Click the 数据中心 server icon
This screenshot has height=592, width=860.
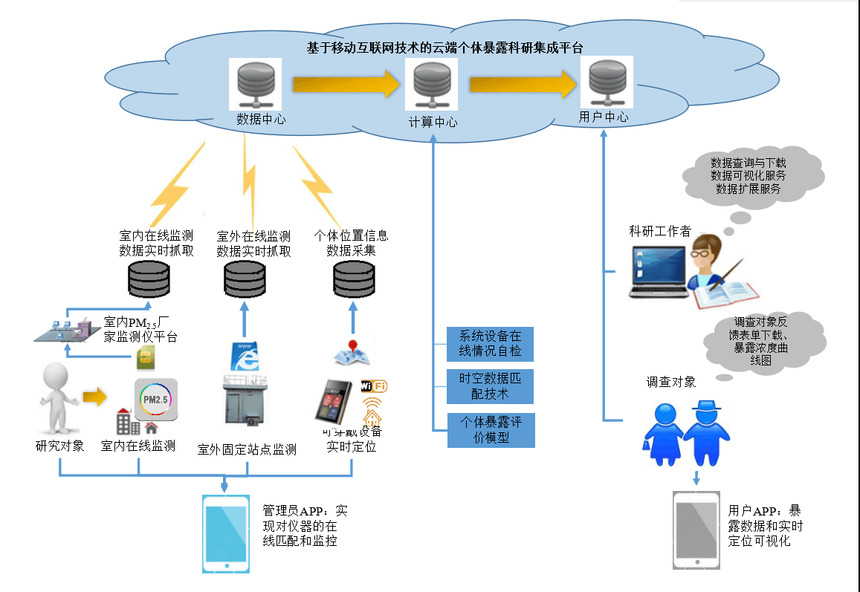tap(255, 85)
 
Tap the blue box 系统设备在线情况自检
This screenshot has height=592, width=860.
tap(490, 344)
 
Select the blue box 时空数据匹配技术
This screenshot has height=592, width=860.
tap(490, 386)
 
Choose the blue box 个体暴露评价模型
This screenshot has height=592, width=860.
tap(490, 429)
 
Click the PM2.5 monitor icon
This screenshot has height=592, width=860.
tap(156, 400)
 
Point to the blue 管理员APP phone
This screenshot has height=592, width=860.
tap(225, 533)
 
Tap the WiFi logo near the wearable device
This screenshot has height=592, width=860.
tap(374, 386)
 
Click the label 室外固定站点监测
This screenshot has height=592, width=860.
tap(247, 449)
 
